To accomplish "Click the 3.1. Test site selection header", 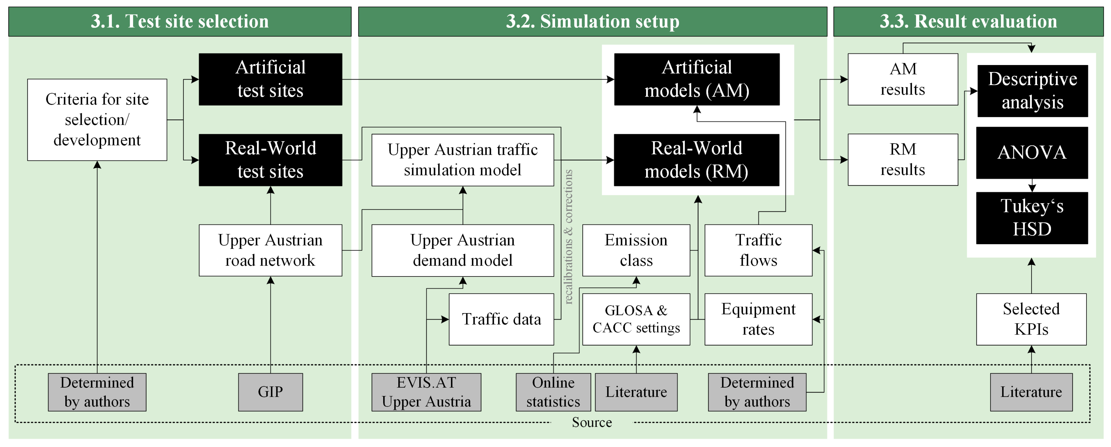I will pyautogui.click(x=179, y=21).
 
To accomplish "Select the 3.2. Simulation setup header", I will pyautogui.click(x=592, y=21).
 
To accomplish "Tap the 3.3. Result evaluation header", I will pyautogui.click(x=968, y=21).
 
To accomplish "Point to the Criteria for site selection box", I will pyautogui.click(x=97, y=120).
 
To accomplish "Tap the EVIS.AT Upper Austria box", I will pyautogui.click(x=426, y=392).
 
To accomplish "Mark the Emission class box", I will pyautogui.click(x=636, y=250).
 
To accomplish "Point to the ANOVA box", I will pyautogui.click(x=1032, y=153).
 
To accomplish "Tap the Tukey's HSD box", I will pyautogui.click(x=1032, y=218).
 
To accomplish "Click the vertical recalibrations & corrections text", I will pyautogui.click(x=568, y=237).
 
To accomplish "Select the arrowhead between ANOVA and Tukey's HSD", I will pyautogui.click(x=1032, y=188).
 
